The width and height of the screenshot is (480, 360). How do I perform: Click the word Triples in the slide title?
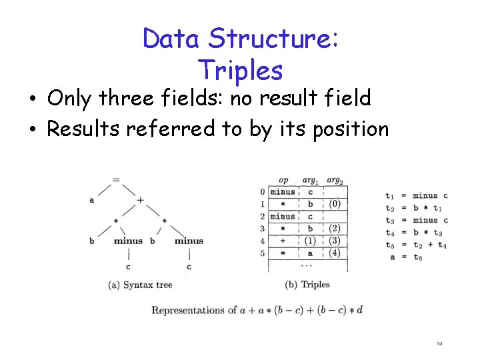(240, 69)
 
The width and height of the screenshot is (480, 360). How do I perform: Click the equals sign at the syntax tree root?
(116, 179)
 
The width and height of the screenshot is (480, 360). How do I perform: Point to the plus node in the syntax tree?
(140, 199)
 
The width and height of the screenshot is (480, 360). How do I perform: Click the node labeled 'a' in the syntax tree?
(91, 199)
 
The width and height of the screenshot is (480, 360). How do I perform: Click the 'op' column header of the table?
(283, 180)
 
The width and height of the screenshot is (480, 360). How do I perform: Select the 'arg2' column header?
(335, 180)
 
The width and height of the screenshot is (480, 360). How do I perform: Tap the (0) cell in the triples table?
(335, 204)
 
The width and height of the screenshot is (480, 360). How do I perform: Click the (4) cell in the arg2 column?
(335, 253)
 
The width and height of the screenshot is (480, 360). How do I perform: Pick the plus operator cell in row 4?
(283, 241)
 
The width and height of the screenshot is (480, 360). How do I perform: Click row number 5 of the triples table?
(263, 253)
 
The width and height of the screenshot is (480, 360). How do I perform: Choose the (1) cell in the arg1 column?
(309, 241)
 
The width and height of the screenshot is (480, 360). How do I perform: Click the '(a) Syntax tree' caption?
(140, 285)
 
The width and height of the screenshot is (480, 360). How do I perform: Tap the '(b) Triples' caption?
(307, 285)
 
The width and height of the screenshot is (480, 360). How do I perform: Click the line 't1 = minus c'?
(417, 195)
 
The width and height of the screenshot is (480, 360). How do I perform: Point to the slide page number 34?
(439, 344)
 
